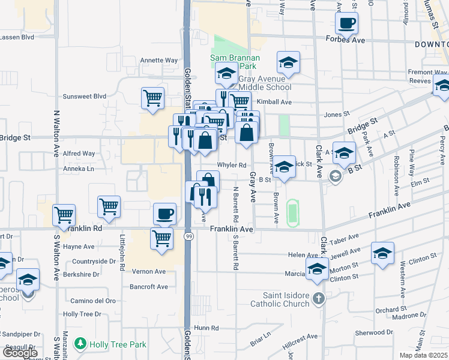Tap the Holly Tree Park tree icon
coord(79,343)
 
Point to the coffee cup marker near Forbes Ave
coord(346,25)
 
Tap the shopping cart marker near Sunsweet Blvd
coord(153,98)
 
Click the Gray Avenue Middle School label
coord(265,83)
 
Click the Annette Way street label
coord(159,60)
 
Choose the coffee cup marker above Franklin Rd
coord(164,214)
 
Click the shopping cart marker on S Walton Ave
coord(64,215)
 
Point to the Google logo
coord(20,353)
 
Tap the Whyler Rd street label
coord(232,165)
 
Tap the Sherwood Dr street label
coord(374,332)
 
